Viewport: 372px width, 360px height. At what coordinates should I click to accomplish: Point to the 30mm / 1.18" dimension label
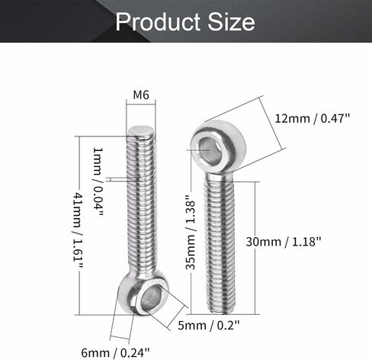click(x=284, y=240)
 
